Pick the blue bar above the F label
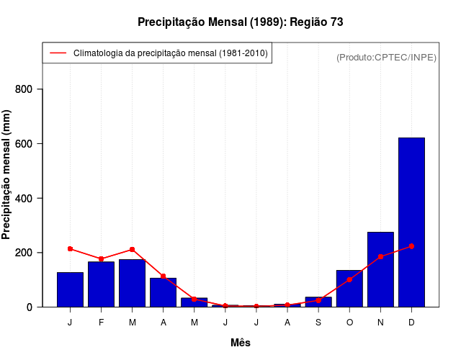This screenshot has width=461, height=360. (101, 284)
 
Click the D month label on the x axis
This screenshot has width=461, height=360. (411, 322)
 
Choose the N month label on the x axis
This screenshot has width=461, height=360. (380, 322)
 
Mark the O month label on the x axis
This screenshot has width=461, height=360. (349, 322)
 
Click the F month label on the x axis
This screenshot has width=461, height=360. (101, 322)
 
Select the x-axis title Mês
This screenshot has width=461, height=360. (241, 343)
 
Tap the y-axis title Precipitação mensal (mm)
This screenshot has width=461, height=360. (7, 179)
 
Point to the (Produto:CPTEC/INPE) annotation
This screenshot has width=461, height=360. (386, 57)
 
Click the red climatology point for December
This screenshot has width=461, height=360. (411, 246)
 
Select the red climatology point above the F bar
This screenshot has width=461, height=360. (101, 258)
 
